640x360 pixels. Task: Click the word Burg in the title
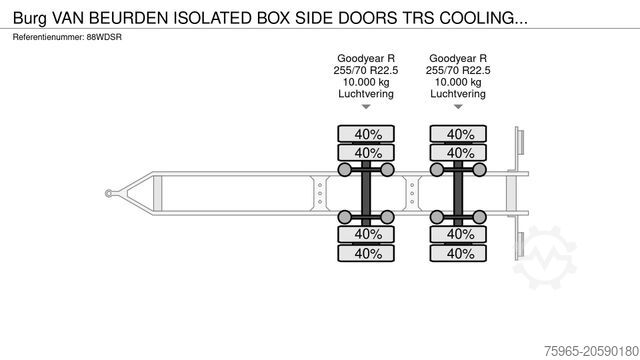[30, 17]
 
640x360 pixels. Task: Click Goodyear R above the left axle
[367, 59]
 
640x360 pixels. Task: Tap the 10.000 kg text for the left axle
[367, 82]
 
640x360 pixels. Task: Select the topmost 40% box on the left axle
[367, 134]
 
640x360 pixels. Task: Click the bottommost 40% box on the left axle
[367, 253]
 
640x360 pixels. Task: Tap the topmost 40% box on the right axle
[460, 134]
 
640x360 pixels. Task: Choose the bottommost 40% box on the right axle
[460, 253]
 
